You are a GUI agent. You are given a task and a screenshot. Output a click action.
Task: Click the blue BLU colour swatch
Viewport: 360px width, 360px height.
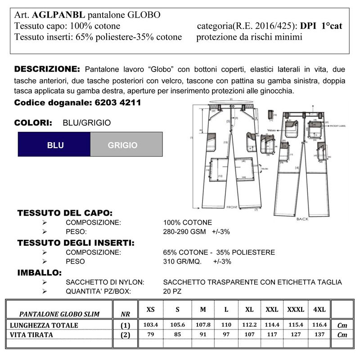54,144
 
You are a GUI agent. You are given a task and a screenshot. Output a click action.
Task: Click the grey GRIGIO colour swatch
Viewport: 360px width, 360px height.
126,144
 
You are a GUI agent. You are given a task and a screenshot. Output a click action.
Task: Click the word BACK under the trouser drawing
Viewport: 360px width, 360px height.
302,219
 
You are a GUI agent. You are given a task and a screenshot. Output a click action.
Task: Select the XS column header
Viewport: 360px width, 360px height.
151,310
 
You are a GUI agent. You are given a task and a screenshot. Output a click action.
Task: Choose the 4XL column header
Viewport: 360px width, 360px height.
319,310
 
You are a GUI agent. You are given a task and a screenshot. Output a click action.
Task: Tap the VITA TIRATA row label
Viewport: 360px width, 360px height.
31,335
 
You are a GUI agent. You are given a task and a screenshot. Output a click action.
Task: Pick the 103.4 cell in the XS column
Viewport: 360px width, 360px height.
151,325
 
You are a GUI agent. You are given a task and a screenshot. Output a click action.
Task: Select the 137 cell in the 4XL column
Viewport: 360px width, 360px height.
319,335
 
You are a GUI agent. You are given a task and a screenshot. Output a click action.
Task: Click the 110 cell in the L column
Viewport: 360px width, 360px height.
226,325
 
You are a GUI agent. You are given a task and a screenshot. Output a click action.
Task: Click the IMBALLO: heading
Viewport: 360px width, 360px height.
39,272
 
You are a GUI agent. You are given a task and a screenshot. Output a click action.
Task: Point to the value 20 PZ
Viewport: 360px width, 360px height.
173,292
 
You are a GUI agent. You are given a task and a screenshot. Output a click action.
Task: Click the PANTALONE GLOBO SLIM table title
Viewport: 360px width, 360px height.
59,314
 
